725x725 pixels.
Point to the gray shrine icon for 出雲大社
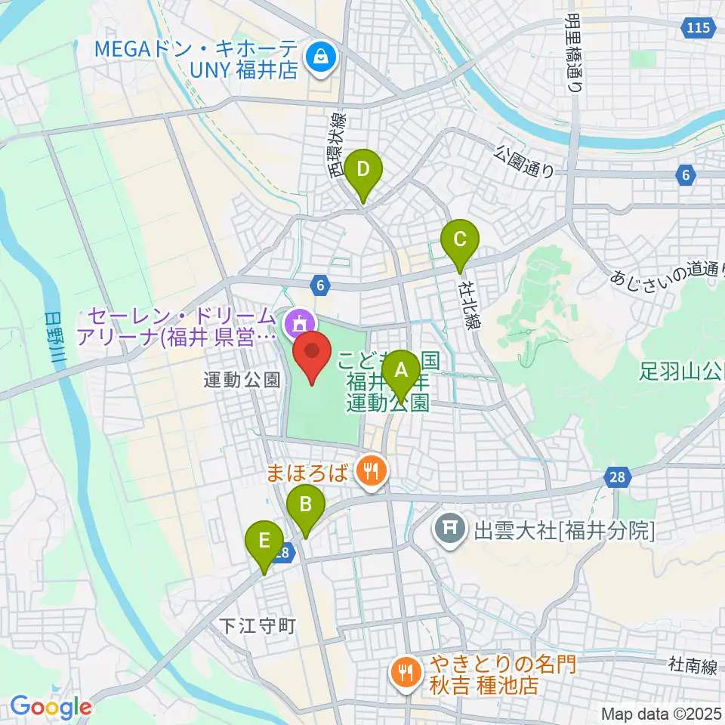tap(450, 526)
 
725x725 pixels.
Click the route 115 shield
tap(698, 29)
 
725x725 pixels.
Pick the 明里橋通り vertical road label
tap(574, 53)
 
